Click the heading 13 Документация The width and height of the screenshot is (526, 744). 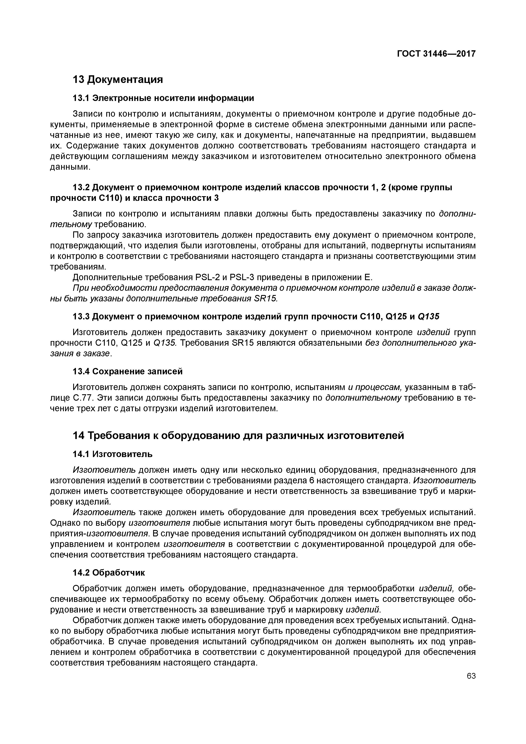pos(117,79)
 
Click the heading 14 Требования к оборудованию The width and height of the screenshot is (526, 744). pos(238,436)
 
